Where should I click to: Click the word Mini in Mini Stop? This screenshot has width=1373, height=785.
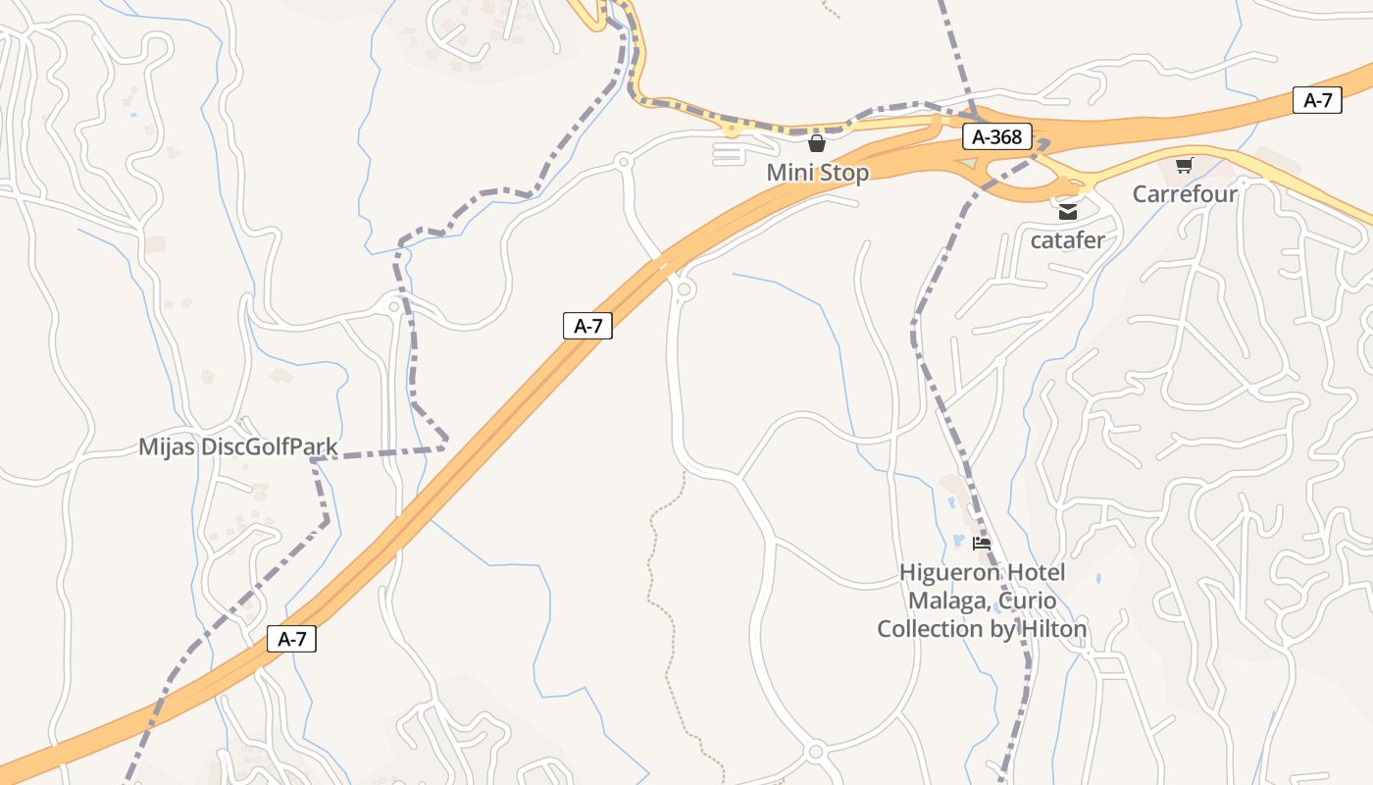click(x=788, y=173)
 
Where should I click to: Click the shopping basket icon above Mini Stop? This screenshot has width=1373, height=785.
click(x=817, y=144)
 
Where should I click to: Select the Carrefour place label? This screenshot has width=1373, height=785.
click(x=1185, y=193)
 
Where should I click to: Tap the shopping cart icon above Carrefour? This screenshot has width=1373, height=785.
click(x=1184, y=165)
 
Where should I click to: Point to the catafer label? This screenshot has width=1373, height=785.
click(x=1067, y=239)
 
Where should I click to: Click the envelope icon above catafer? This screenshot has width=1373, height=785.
click(x=1067, y=210)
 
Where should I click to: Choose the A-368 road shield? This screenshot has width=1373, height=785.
click(x=996, y=136)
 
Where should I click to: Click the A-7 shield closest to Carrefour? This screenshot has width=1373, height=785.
click(x=1317, y=100)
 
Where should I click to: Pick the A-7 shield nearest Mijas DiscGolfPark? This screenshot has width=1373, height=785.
click(x=292, y=639)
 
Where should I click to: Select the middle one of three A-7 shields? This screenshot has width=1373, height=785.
click(x=587, y=326)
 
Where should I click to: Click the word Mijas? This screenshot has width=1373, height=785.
click(x=167, y=447)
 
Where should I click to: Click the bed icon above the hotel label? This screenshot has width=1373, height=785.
click(x=981, y=543)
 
